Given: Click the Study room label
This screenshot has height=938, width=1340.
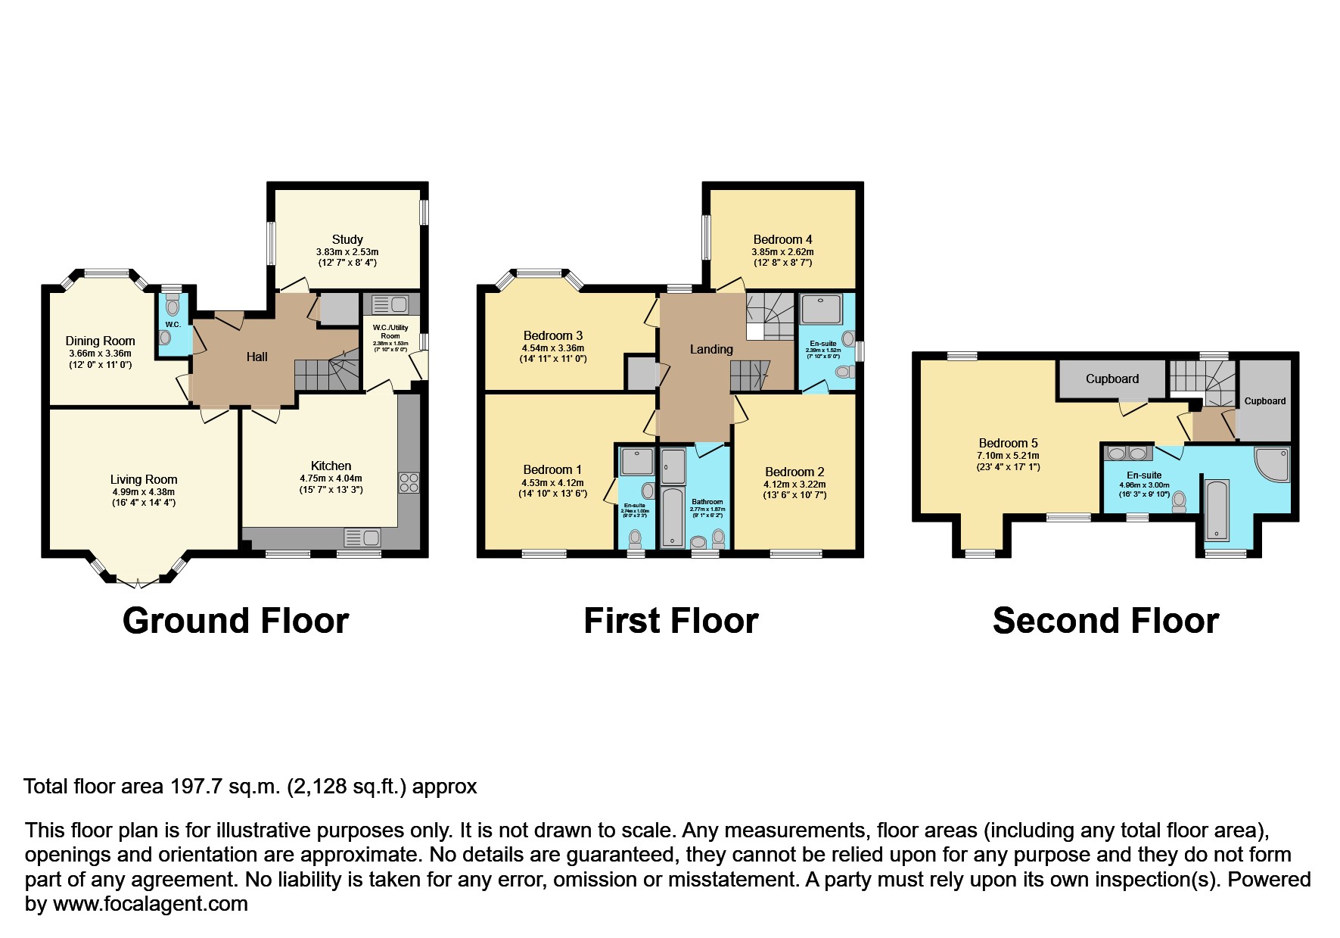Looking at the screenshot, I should [x=347, y=239].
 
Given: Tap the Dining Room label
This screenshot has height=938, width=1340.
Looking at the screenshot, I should [x=100, y=341].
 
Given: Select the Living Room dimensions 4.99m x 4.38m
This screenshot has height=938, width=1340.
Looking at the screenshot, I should [x=143, y=492].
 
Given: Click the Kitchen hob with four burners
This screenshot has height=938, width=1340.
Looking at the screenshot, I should [x=409, y=483].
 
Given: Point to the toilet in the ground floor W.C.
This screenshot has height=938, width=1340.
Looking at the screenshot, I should [x=173, y=307].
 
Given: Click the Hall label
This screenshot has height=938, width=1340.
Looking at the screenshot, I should [x=256, y=357].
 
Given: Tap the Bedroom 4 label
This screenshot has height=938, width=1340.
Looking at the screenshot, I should [x=782, y=239].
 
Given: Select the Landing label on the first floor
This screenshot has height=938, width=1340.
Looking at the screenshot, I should [x=710, y=349].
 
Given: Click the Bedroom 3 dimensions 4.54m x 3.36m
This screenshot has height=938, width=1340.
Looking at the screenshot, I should [x=552, y=348].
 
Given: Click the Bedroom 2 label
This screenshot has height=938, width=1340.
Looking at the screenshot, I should [x=794, y=472].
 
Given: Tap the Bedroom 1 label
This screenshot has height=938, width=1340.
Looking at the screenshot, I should [x=552, y=470].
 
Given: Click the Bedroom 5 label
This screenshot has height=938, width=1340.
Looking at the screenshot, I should [x=1008, y=444].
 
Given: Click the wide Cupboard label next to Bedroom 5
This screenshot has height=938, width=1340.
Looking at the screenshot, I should [x=1111, y=379].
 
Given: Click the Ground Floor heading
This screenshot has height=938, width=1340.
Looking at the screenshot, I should [x=235, y=622].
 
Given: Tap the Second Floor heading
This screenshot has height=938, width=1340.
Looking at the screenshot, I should [x=1105, y=622].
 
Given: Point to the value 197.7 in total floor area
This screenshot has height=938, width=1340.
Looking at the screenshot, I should [x=197, y=787].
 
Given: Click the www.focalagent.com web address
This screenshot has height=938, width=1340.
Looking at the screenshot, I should [x=150, y=904].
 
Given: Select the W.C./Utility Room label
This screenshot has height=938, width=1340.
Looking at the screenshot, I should [x=390, y=332].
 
